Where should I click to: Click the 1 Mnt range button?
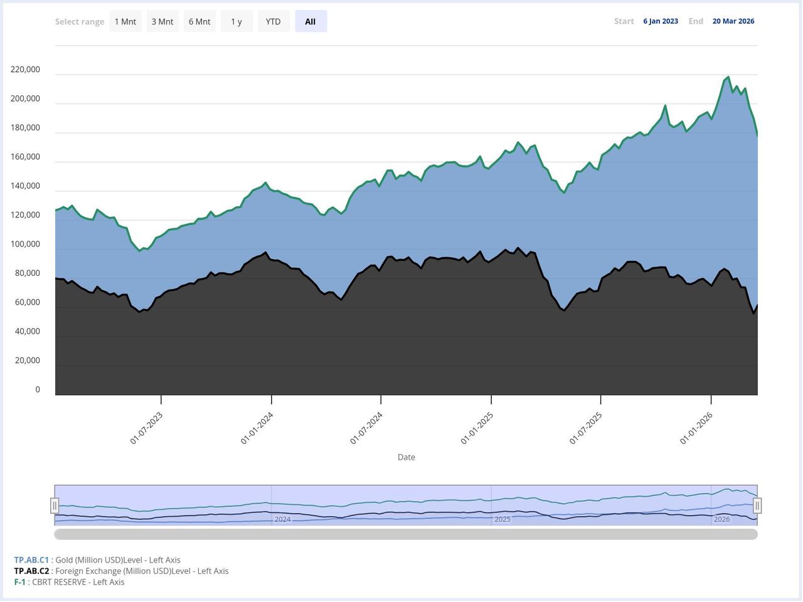(x=125, y=21)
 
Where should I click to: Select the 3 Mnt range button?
(x=162, y=21)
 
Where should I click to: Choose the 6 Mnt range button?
(x=199, y=21)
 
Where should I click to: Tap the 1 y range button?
(x=237, y=21)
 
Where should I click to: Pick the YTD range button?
(x=274, y=21)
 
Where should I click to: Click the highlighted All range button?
(x=311, y=21)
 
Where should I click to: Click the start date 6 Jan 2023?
(x=661, y=21)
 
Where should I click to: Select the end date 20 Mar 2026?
(x=733, y=21)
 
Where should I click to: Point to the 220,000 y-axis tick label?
(x=26, y=70)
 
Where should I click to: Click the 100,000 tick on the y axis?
(x=26, y=244)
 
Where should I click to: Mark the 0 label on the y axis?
(x=38, y=389)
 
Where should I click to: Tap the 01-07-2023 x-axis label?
(x=146, y=428)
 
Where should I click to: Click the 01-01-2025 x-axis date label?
(x=477, y=428)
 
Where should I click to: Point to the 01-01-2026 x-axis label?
(x=696, y=428)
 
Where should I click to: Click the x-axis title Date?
(x=407, y=457)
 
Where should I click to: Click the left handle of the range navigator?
(x=55, y=505)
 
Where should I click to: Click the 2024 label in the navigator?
(x=282, y=519)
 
